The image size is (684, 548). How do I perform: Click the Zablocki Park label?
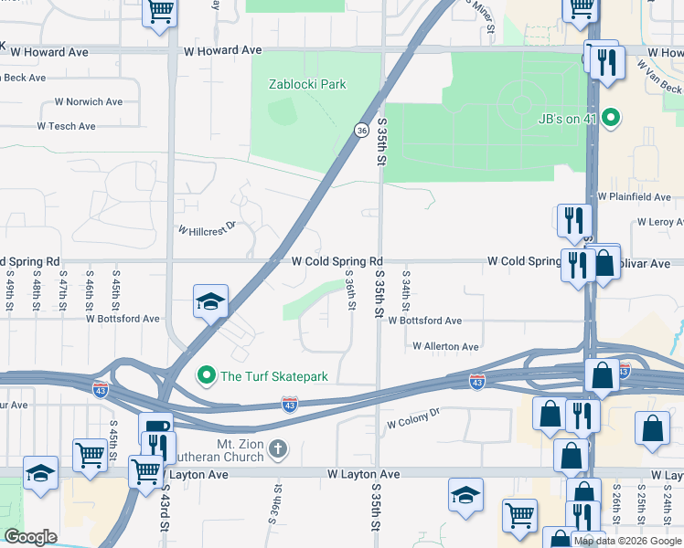click(x=307, y=84)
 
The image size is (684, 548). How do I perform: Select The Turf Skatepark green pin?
click(x=207, y=375)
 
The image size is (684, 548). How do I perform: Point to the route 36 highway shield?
click(x=362, y=131)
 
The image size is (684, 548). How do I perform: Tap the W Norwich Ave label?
click(x=88, y=101)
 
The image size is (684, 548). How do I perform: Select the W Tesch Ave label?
click(x=66, y=126)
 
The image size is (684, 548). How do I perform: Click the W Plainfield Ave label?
click(x=635, y=196)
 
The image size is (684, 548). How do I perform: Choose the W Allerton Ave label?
click(x=445, y=347)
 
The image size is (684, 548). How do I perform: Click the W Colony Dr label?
click(x=413, y=418)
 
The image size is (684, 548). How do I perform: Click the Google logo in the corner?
click(x=30, y=537)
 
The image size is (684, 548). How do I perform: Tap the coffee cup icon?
click(x=155, y=427)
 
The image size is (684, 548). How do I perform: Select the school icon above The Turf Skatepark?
click(x=209, y=303)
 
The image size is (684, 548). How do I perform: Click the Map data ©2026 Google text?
click(x=627, y=541)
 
